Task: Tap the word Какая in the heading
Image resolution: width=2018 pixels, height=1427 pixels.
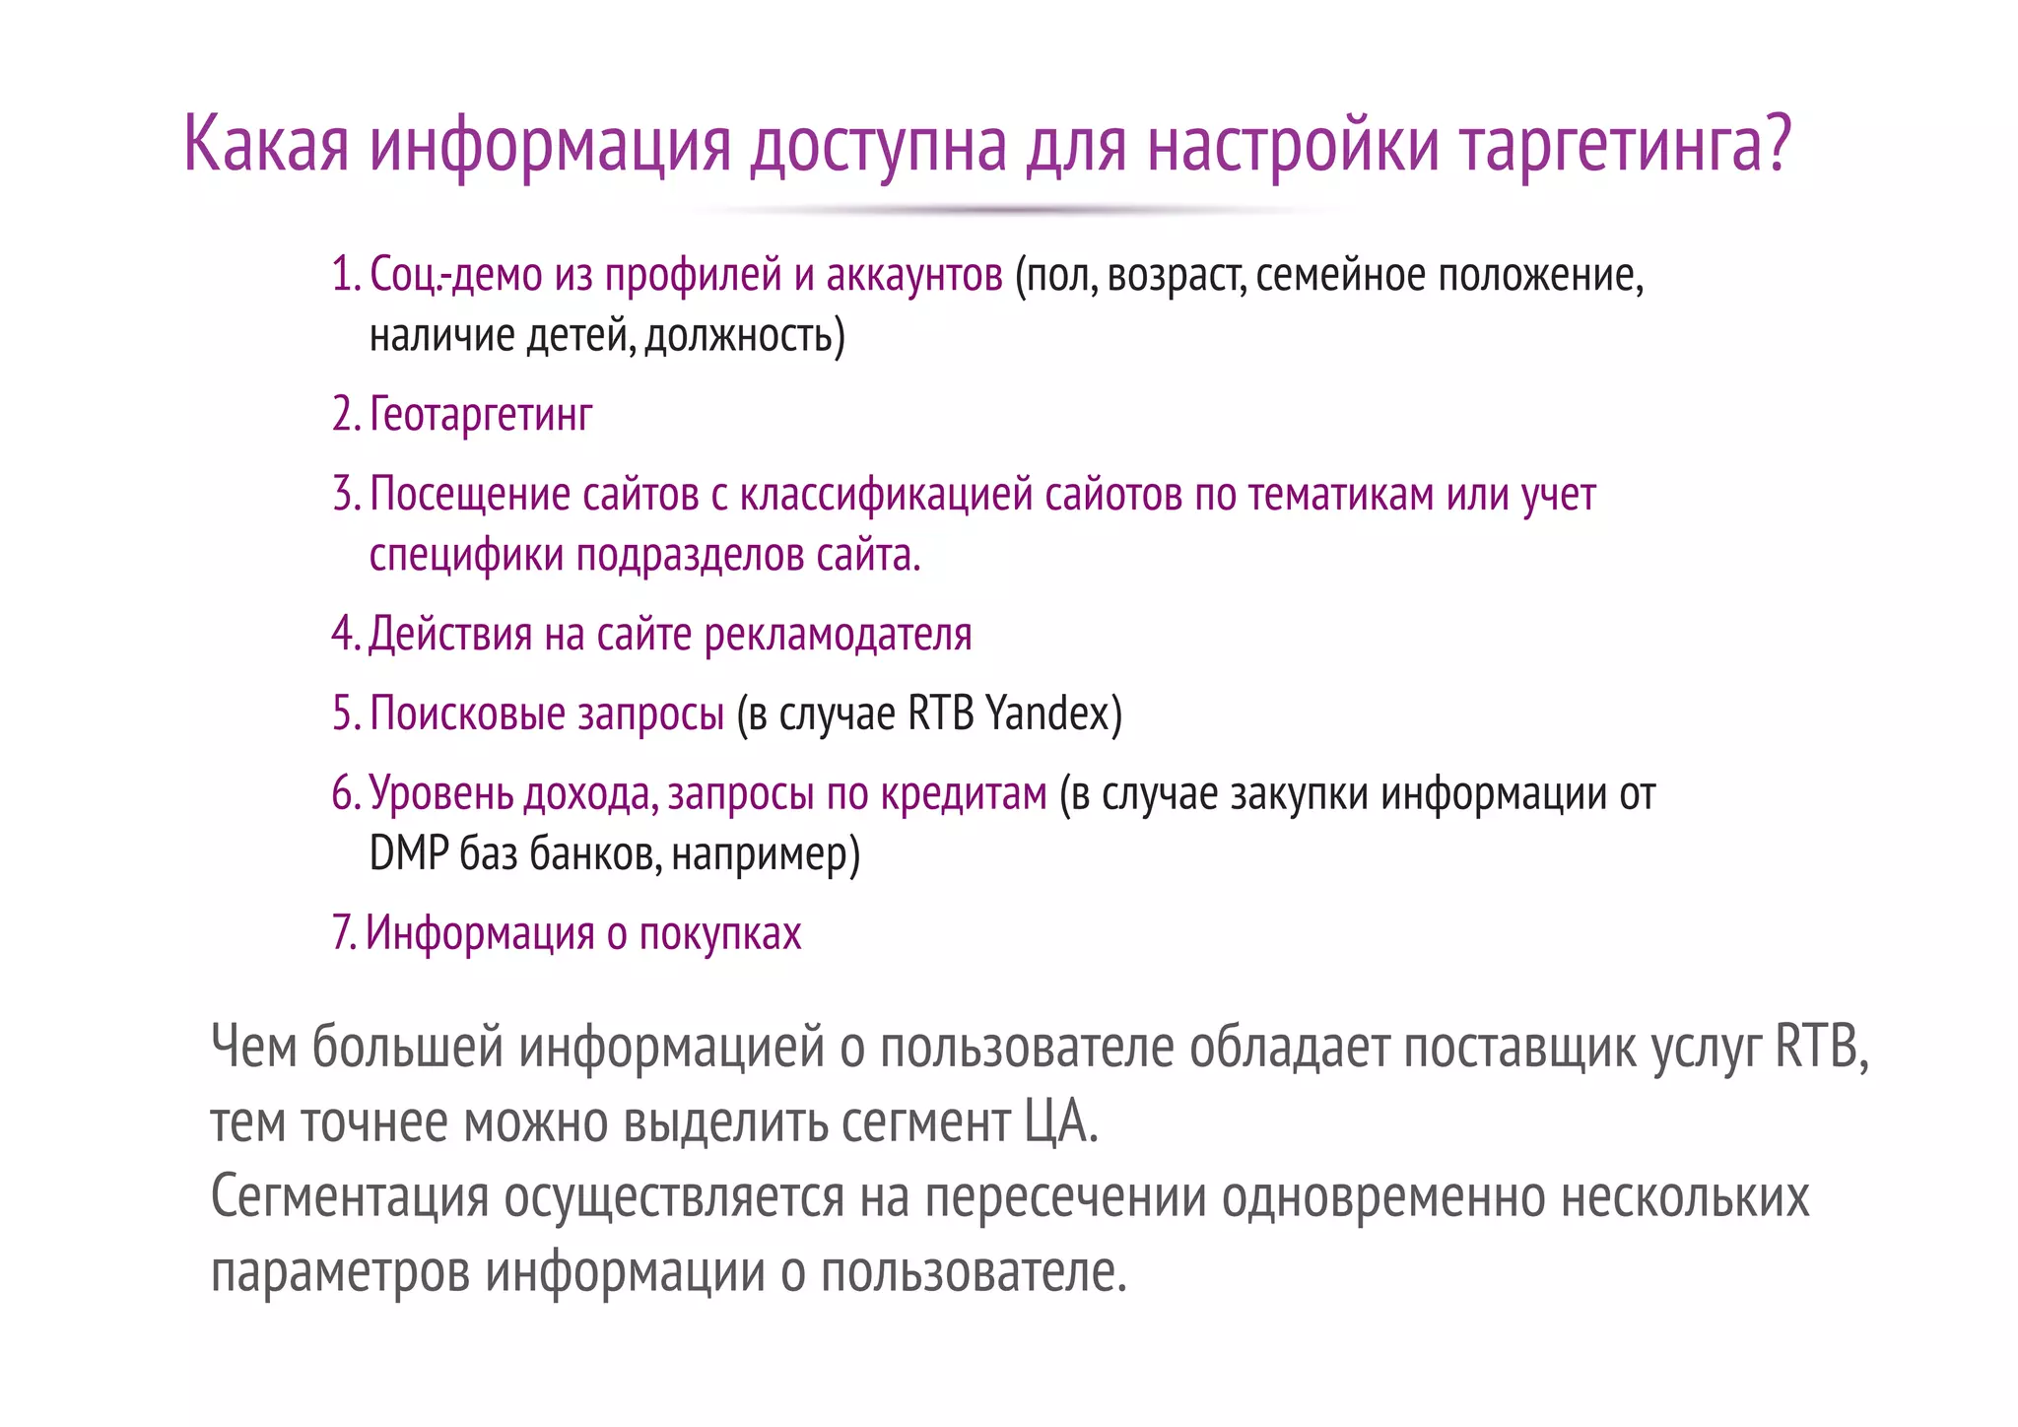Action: tap(266, 144)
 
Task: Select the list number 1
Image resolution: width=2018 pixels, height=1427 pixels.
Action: tap(345, 274)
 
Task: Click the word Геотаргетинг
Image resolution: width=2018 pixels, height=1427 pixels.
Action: tap(481, 414)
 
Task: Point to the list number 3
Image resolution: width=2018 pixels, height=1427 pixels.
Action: tap(345, 494)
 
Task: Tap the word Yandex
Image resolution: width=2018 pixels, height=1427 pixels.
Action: tap(1047, 713)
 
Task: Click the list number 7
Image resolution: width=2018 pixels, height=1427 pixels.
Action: tap(343, 933)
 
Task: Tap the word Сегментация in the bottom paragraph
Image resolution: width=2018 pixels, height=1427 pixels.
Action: tap(350, 1196)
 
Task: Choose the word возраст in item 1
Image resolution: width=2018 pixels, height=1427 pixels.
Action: tap(1176, 275)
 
